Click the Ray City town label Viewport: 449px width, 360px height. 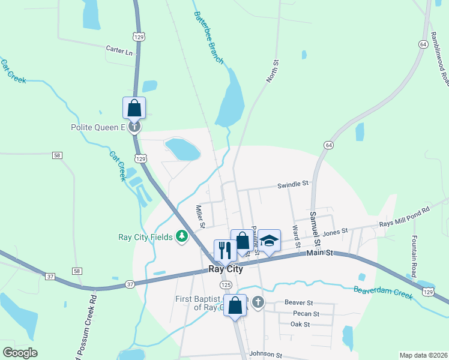[226, 269]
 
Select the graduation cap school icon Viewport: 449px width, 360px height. [270, 241]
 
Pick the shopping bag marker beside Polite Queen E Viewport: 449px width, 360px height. [134, 108]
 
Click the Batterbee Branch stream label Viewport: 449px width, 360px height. [208, 38]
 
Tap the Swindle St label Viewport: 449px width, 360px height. [292, 185]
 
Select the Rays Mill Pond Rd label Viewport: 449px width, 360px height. [405, 217]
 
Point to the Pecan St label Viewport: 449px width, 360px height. [306, 314]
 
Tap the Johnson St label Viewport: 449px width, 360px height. [265, 355]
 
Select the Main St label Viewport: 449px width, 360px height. [320, 254]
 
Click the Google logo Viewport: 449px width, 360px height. [19, 353]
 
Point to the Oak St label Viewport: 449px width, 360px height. [300, 325]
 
